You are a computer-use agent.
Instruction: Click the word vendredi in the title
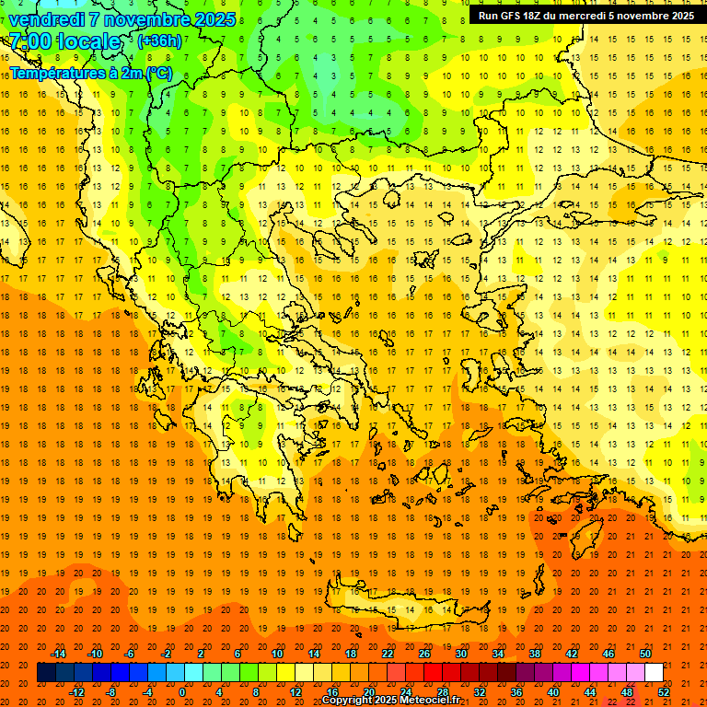point(47,19)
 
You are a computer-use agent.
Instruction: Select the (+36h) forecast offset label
point(159,41)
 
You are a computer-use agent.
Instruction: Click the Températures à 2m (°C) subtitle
point(90,72)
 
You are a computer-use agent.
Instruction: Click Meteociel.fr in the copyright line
point(428,701)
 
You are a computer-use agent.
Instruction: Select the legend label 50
point(644,654)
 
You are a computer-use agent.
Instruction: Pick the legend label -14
point(58,654)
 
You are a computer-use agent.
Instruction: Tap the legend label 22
point(388,654)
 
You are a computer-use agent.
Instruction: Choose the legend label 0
point(182,691)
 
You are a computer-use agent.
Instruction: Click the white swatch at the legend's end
point(654,673)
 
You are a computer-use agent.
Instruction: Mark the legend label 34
point(498,654)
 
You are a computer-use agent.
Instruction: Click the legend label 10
point(277,654)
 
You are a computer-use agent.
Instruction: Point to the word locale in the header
point(87,41)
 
